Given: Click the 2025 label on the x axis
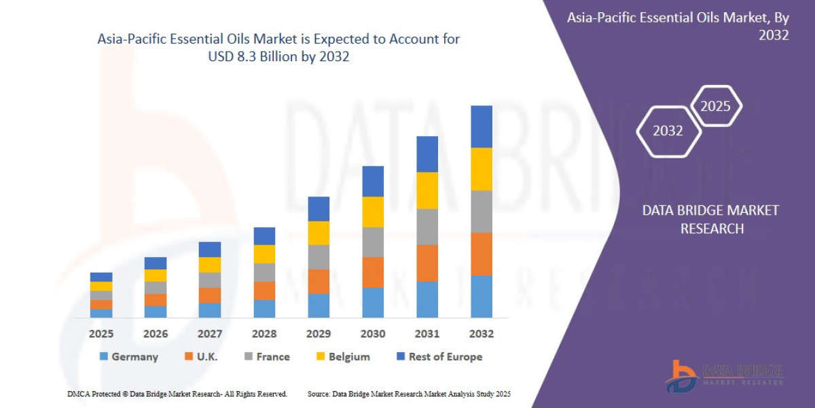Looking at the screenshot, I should (101, 334).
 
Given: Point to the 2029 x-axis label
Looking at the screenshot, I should (319, 334).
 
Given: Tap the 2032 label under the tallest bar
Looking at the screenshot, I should (481, 334).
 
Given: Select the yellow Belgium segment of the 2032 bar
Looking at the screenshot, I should (482, 169).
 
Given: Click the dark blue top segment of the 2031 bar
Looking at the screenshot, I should (427, 154).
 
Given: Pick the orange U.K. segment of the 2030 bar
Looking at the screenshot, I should (373, 272).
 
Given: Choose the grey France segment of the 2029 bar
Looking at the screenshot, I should (319, 257).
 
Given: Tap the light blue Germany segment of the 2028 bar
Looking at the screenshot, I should (264, 309).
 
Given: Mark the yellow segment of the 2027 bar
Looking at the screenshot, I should (210, 265).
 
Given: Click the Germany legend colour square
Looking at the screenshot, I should (103, 356).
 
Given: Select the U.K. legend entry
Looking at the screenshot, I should (204, 356).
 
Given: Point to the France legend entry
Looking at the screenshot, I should (272, 356).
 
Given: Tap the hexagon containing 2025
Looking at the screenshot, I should (715, 106).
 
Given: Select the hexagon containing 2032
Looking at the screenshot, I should (668, 131).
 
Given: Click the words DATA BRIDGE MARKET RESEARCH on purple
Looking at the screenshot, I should (711, 219).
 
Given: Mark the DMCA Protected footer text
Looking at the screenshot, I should (177, 394).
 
